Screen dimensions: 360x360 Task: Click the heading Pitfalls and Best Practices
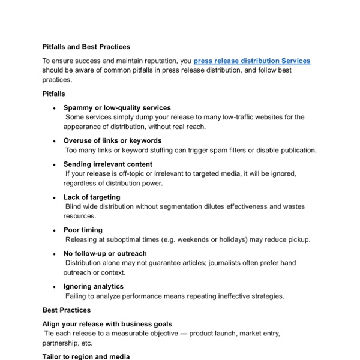[x=86, y=46]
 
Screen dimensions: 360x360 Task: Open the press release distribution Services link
[x=252, y=61]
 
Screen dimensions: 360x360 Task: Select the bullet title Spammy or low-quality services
[x=117, y=108]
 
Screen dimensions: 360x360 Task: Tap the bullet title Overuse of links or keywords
[x=112, y=141]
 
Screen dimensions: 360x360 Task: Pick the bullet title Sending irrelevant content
[x=108, y=164]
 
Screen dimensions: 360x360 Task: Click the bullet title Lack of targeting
[x=92, y=197]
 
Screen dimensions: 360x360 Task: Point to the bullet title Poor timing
[x=83, y=230]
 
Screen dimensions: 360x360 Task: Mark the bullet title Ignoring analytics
[x=94, y=287]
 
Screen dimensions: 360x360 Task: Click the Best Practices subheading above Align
[x=67, y=310]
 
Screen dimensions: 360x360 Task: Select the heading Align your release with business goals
[x=107, y=324]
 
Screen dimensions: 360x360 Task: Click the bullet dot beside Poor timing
[x=55, y=230]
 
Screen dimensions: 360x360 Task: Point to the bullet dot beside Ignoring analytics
[x=55, y=287]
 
